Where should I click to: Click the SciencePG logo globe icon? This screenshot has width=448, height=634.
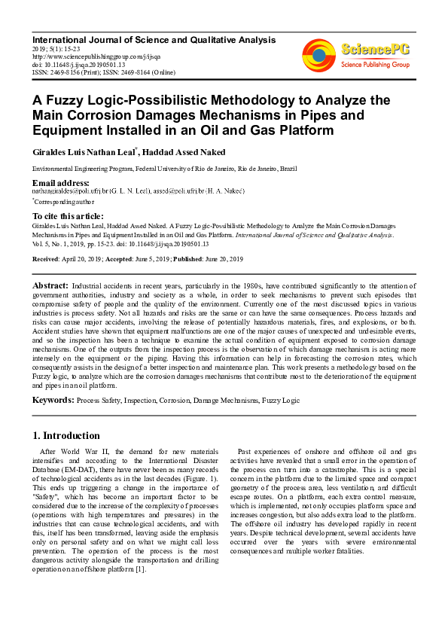coord(318,54)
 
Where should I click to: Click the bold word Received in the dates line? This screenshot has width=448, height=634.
coord(47,259)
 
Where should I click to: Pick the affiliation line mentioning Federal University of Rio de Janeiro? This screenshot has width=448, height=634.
coord(164,170)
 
